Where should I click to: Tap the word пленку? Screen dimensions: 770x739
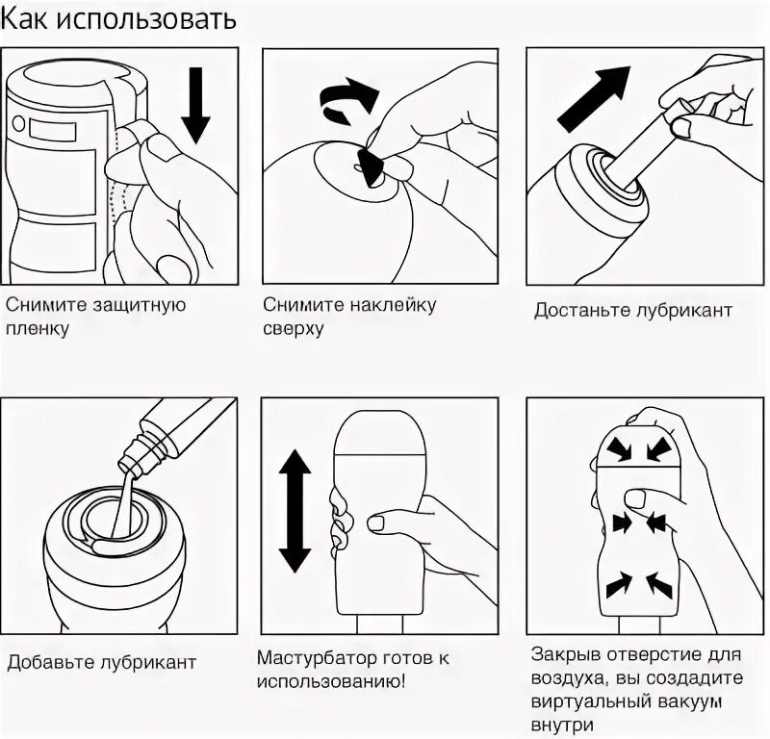[x=38, y=329]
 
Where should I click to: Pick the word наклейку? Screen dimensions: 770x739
[x=393, y=305]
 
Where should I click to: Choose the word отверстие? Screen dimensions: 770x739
[x=650, y=655]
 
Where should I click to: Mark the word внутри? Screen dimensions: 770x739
[x=562, y=725]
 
